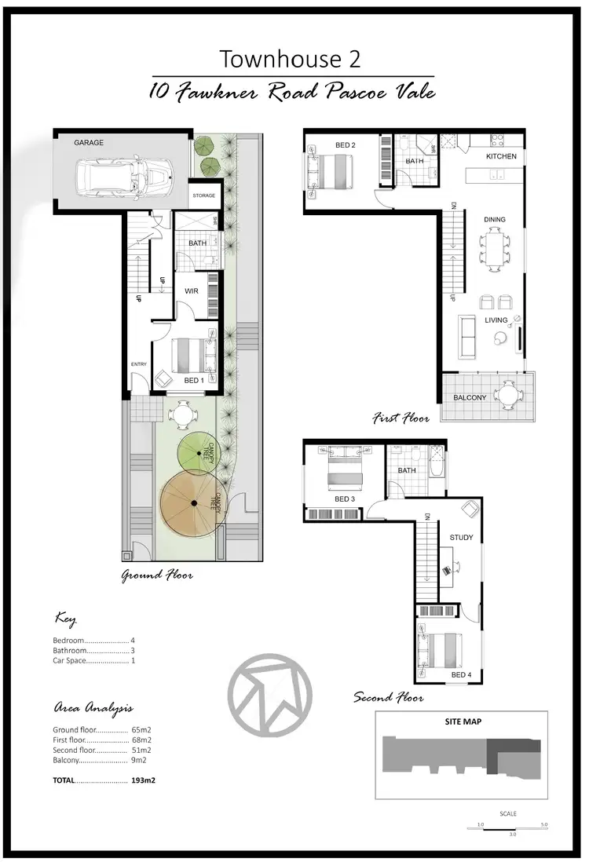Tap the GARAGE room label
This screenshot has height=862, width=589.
pos(89,143)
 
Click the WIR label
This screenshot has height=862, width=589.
pos(191,290)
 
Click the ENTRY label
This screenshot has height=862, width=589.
pos(139,363)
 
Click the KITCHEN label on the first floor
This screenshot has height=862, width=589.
pos(501,156)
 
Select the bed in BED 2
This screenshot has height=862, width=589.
pos(333,170)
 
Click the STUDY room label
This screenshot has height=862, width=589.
pos(461,537)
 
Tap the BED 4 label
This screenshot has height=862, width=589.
pos(462,674)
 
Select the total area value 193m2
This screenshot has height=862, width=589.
pos(142,780)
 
